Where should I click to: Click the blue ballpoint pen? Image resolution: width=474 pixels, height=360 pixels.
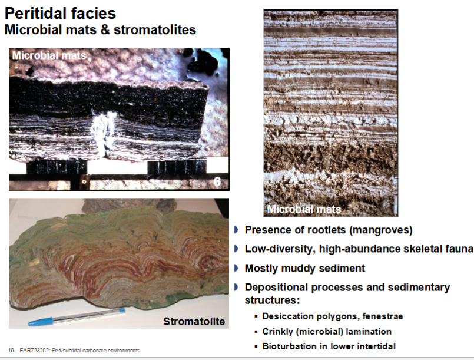pyautogui.click(x=77, y=317)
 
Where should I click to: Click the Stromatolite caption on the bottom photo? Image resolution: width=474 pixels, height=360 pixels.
pyautogui.click(x=194, y=321)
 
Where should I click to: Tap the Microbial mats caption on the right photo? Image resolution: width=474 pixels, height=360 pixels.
pyautogui.click(x=304, y=209)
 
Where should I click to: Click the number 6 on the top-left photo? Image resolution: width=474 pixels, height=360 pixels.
pyautogui.click(x=217, y=183)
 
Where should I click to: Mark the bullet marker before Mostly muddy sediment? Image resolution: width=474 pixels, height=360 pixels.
pyautogui.click(x=237, y=268)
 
